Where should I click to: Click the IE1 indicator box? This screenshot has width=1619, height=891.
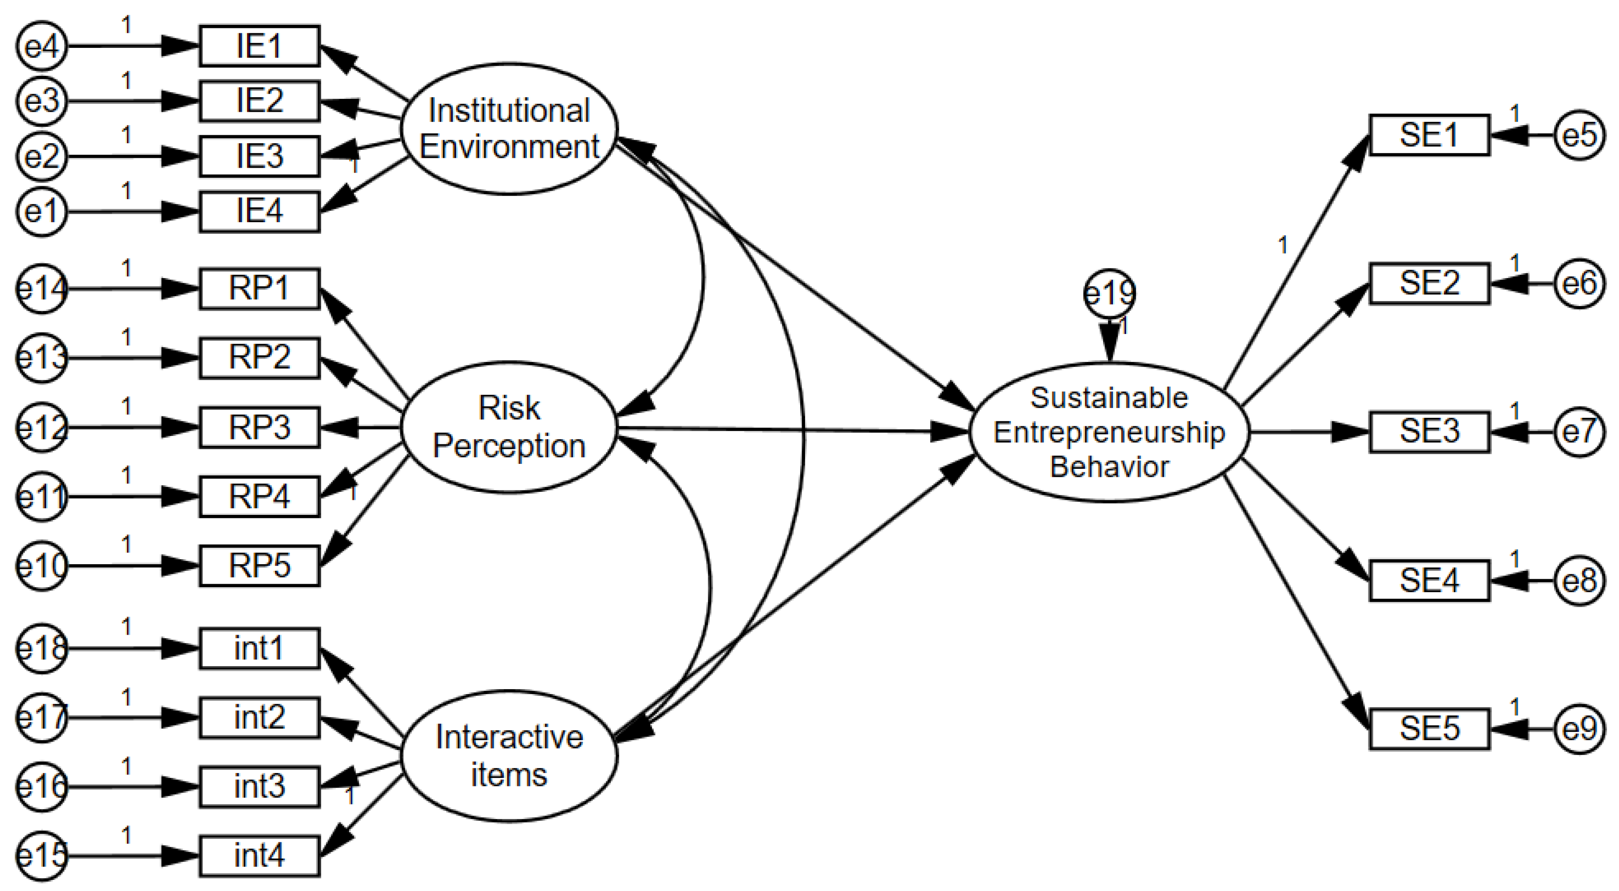click(259, 46)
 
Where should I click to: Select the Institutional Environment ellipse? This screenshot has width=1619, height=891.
click(509, 129)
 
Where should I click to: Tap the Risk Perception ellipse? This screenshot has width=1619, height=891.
click(509, 427)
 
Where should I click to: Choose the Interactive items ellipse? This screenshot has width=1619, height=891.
click(509, 755)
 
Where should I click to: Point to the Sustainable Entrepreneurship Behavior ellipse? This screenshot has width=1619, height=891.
click(1109, 432)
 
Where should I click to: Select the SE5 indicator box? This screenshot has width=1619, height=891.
click(1429, 729)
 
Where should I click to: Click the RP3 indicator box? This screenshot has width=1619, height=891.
click(259, 427)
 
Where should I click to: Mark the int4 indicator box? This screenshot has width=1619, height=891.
click(259, 856)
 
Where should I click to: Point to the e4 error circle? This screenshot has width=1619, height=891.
click(42, 46)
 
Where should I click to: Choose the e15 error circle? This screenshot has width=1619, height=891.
click(42, 856)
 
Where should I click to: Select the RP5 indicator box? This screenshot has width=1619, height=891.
click(259, 565)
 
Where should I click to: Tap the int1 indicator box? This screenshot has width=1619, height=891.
click(259, 648)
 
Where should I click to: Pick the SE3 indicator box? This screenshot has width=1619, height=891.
click(1429, 432)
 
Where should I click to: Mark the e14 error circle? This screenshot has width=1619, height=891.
click(42, 289)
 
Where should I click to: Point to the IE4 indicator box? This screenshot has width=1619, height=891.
click(259, 211)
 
